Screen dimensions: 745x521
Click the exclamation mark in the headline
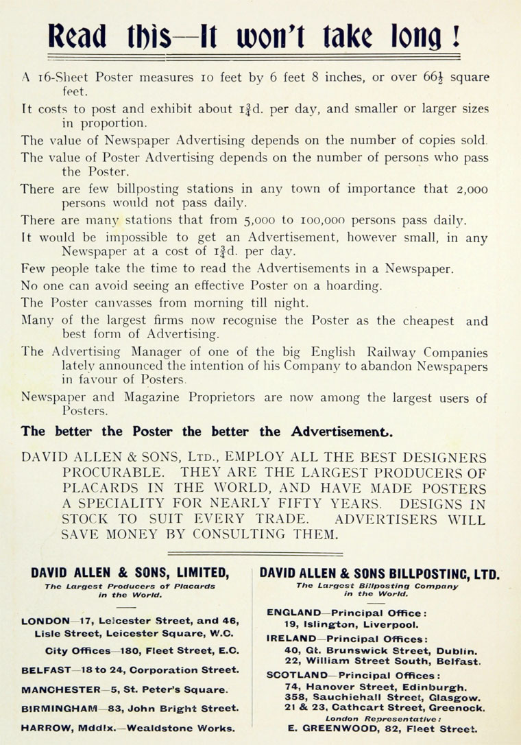click(455, 34)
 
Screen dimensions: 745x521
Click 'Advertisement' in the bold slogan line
click(342, 431)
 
